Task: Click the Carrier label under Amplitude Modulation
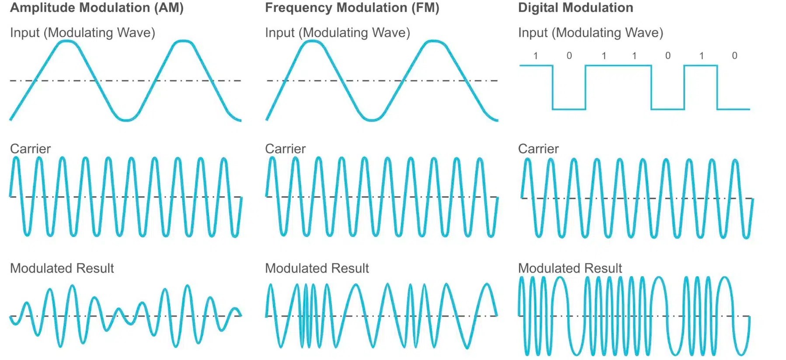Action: pos(30,149)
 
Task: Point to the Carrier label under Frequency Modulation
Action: pos(285,149)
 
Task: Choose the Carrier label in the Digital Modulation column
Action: pos(538,149)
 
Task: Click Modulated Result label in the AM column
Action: pos(62,268)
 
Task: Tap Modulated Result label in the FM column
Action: pos(317,268)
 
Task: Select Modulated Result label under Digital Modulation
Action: pos(570,268)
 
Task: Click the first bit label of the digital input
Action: pos(536,56)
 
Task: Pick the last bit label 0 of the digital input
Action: pos(734,56)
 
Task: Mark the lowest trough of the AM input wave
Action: pos(126,120)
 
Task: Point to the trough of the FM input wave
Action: pos(372,120)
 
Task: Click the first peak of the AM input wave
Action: pos(67,41)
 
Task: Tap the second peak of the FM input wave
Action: pos(433,41)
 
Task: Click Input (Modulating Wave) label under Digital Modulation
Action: pos(590,33)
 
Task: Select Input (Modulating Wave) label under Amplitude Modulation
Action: pos(82,33)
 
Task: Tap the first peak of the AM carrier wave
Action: pos(16,158)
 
